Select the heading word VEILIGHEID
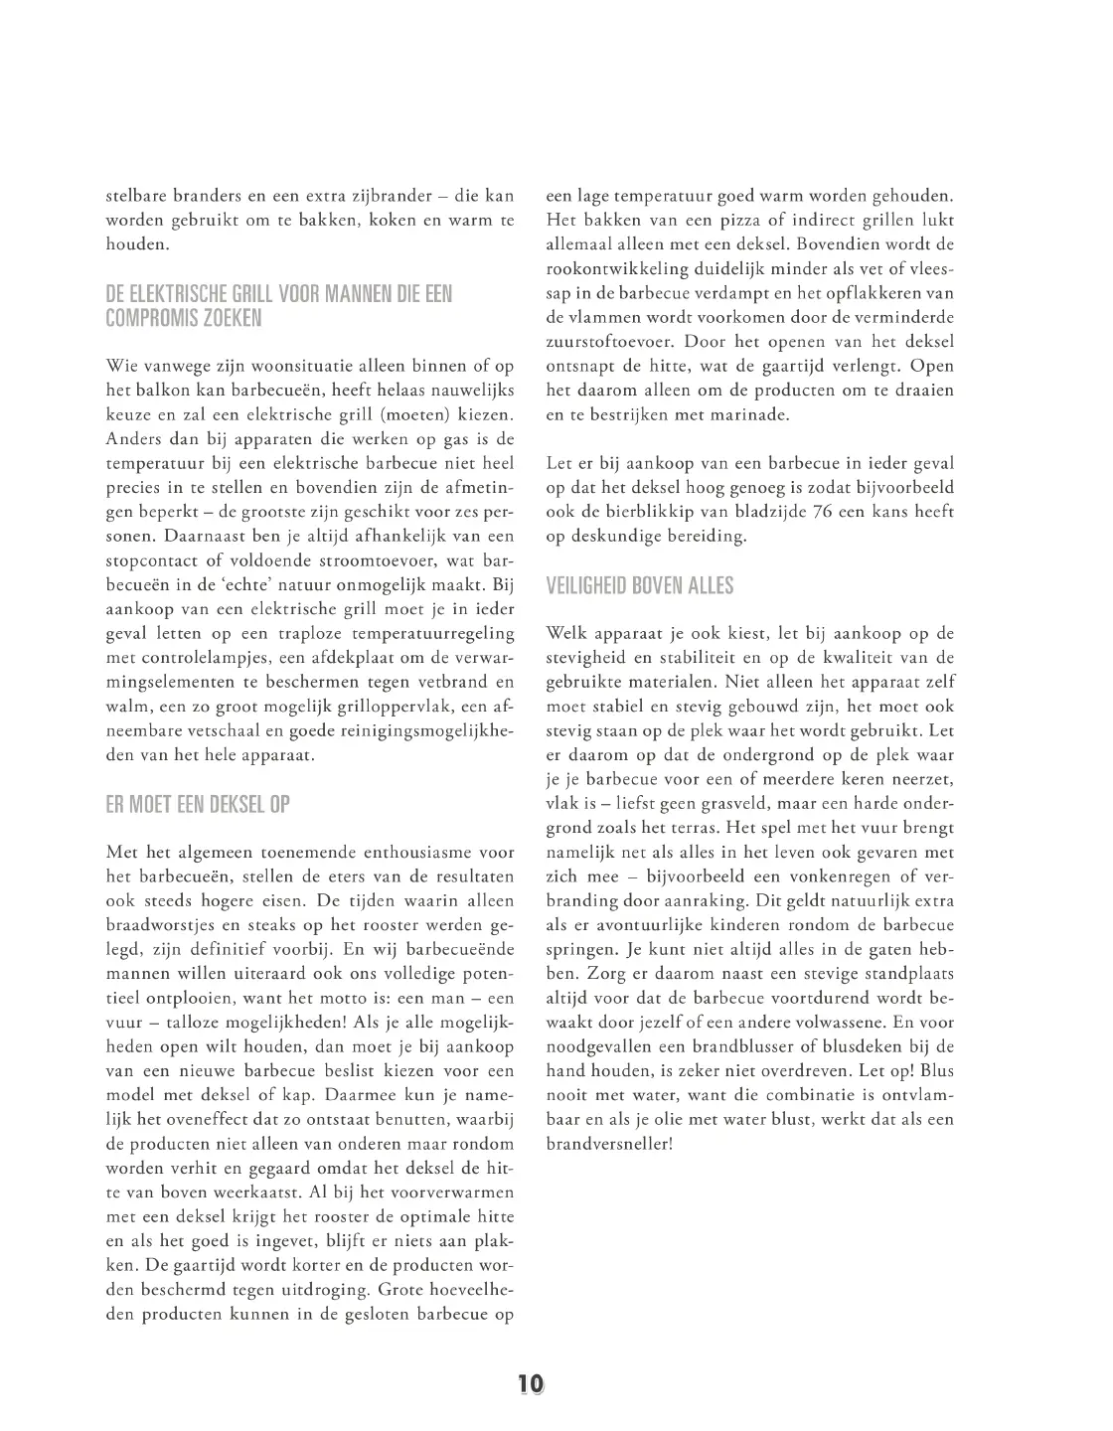586,586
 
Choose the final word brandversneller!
609,1143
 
